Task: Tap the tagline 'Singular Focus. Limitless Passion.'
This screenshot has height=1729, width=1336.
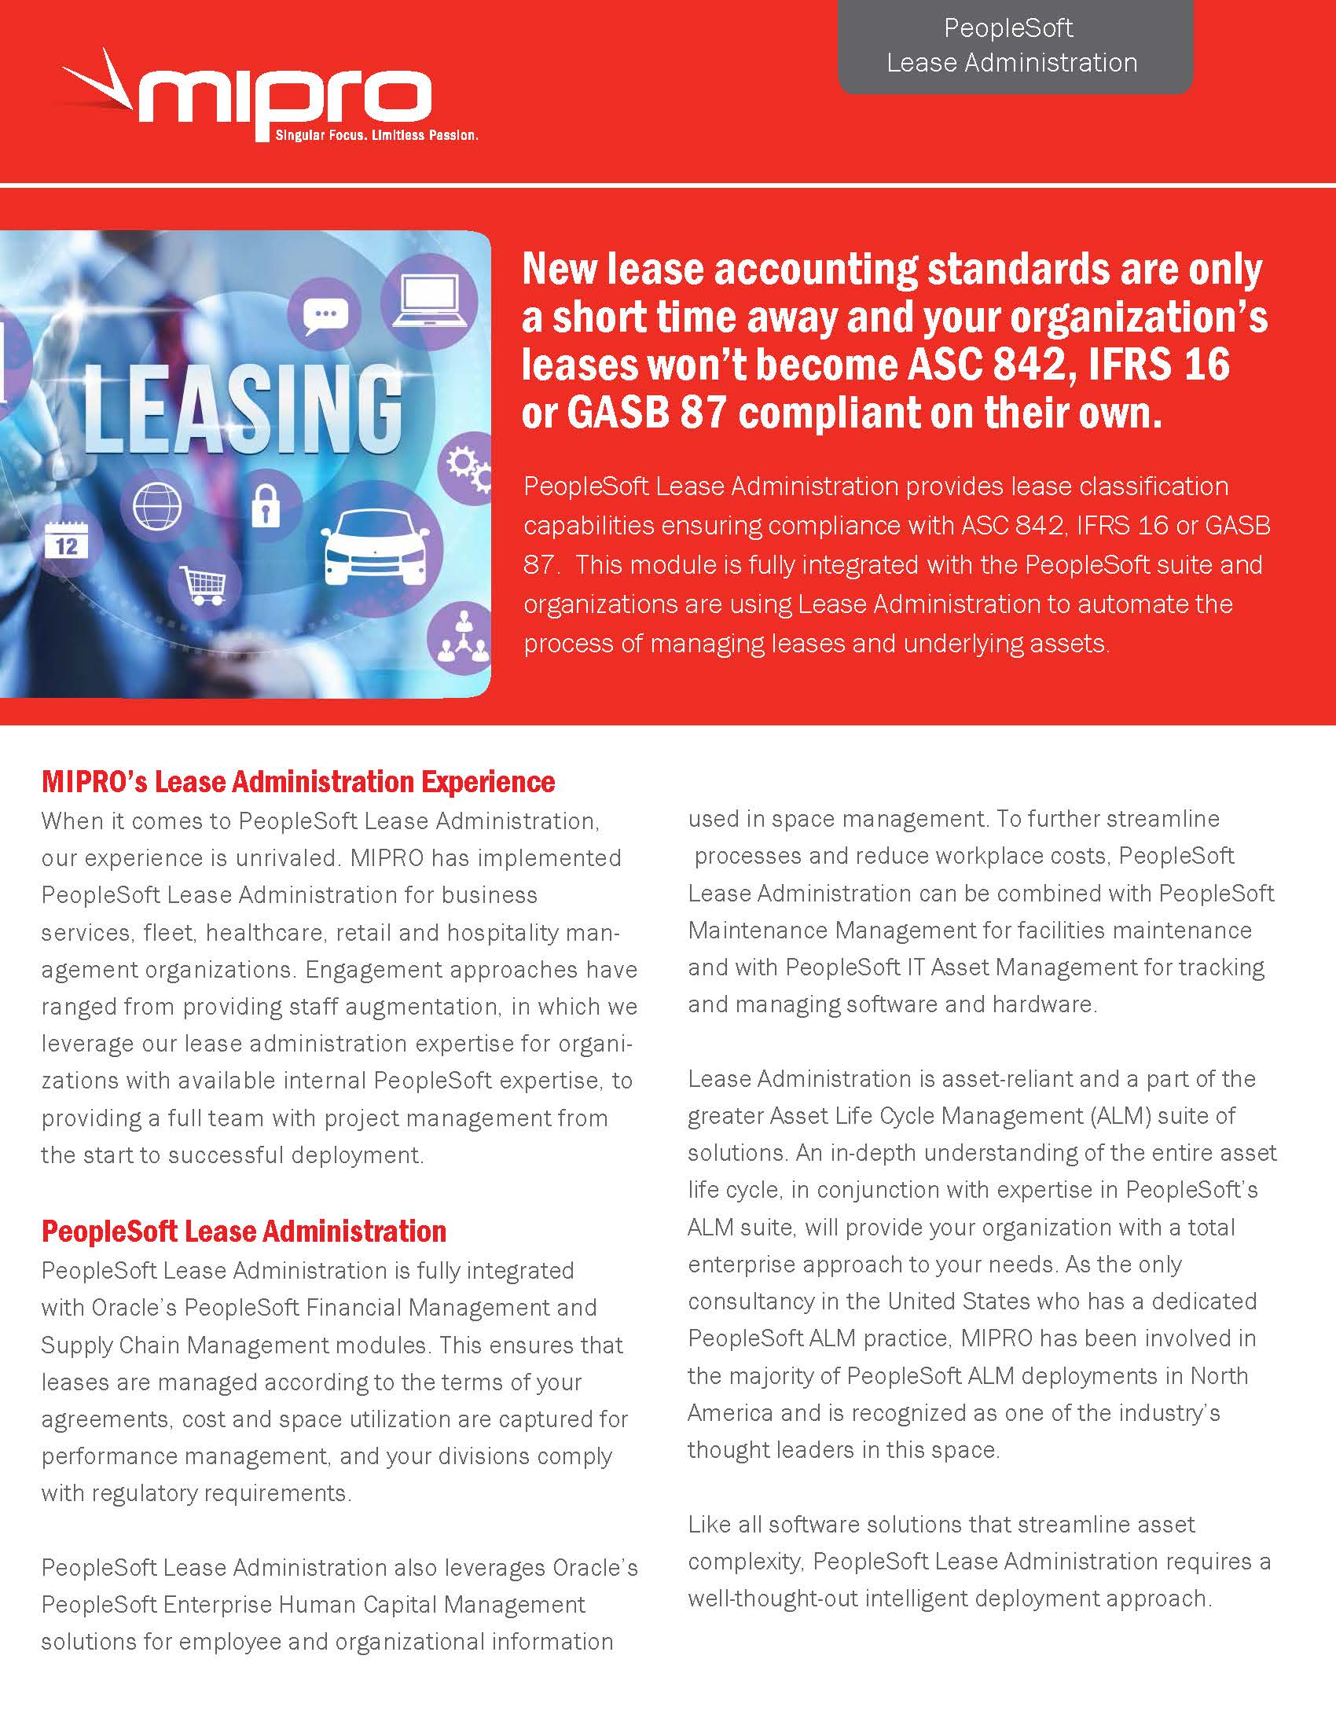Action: point(376,135)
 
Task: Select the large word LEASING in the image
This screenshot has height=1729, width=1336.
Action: point(241,412)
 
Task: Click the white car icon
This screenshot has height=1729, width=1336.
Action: point(370,547)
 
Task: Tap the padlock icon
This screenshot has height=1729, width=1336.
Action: point(265,508)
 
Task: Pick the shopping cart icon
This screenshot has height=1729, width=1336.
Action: point(204,585)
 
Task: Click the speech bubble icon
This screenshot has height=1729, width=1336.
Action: point(326,314)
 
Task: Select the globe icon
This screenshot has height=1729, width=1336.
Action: point(157,506)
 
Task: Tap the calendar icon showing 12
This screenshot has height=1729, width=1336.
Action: point(67,545)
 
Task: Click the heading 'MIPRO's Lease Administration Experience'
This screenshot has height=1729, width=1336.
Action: point(298,781)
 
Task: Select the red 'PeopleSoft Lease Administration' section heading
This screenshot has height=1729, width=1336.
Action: point(244,1231)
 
